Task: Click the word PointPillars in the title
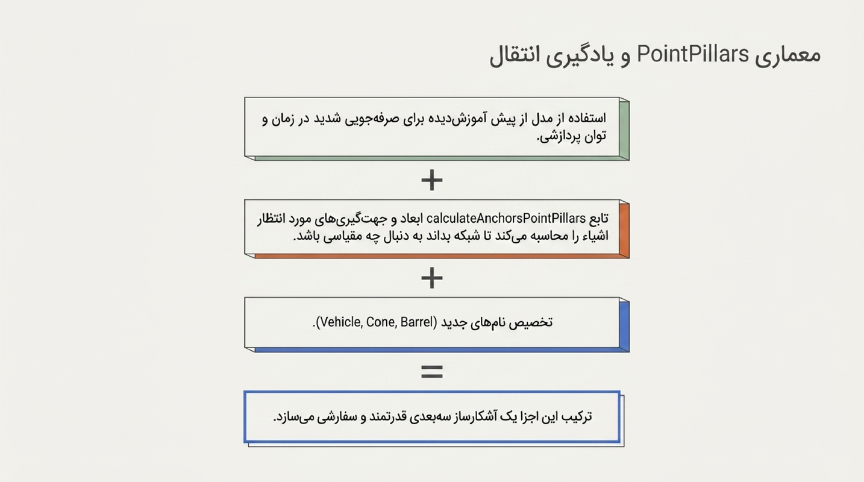pyautogui.click(x=692, y=54)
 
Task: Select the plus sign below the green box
pyautogui.click(x=431, y=180)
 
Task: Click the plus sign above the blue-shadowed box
pyautogui.click(x=431, y=278)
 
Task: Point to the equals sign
pyautogui.click(x=431, y=372)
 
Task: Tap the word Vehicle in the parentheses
pyautogui.click(x=341, y=322)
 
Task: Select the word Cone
pyautogui.click(x=381, y=322)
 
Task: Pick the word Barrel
pyautogui.click(x=416, y=322)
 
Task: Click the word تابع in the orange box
pyautogui.click(x=599, y=219)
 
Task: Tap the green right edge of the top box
pyautogui.click(x=624, y=129)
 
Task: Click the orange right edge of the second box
pyautogui.click(x=624, y=229)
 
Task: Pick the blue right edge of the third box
pyautogui.click(x=624, y=325)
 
